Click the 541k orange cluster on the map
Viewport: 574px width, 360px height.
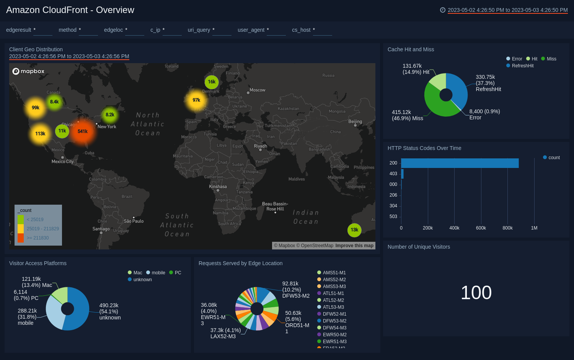point(83,132)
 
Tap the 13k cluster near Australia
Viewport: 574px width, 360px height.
point(354,230)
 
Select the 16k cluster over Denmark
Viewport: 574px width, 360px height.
point(212,82)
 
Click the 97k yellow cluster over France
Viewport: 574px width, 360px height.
point(196,100)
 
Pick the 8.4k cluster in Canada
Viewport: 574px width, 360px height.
point(54,102)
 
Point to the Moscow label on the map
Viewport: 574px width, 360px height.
point(257,90)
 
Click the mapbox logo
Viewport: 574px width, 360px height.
point(28,71)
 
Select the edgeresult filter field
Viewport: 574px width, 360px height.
point(42,30)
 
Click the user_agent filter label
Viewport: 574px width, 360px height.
point(251,30)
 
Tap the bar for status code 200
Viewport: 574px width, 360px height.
point(459,163)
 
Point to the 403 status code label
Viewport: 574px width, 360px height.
point(393,174)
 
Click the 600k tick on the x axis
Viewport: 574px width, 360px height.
point(481,228)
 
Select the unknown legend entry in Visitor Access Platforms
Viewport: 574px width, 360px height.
point(142,280)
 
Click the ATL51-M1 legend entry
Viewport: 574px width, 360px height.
point(333,293)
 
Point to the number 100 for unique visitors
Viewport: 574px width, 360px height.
point(476,293)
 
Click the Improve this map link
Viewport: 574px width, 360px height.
point(354,246)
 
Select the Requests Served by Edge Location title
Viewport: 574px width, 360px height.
point(240,263)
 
